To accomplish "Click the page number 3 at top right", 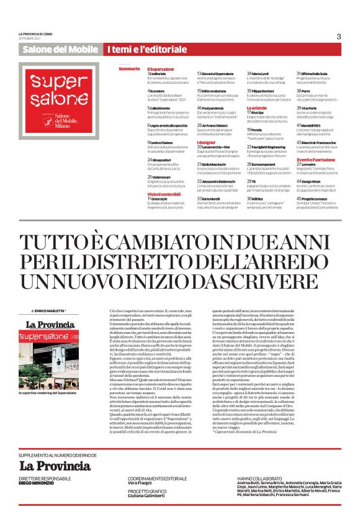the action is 339,35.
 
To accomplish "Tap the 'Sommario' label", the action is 128,68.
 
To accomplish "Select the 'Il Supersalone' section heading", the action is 161,68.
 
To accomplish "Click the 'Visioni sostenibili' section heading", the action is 164,194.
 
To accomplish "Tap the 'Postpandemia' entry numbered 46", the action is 214,108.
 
